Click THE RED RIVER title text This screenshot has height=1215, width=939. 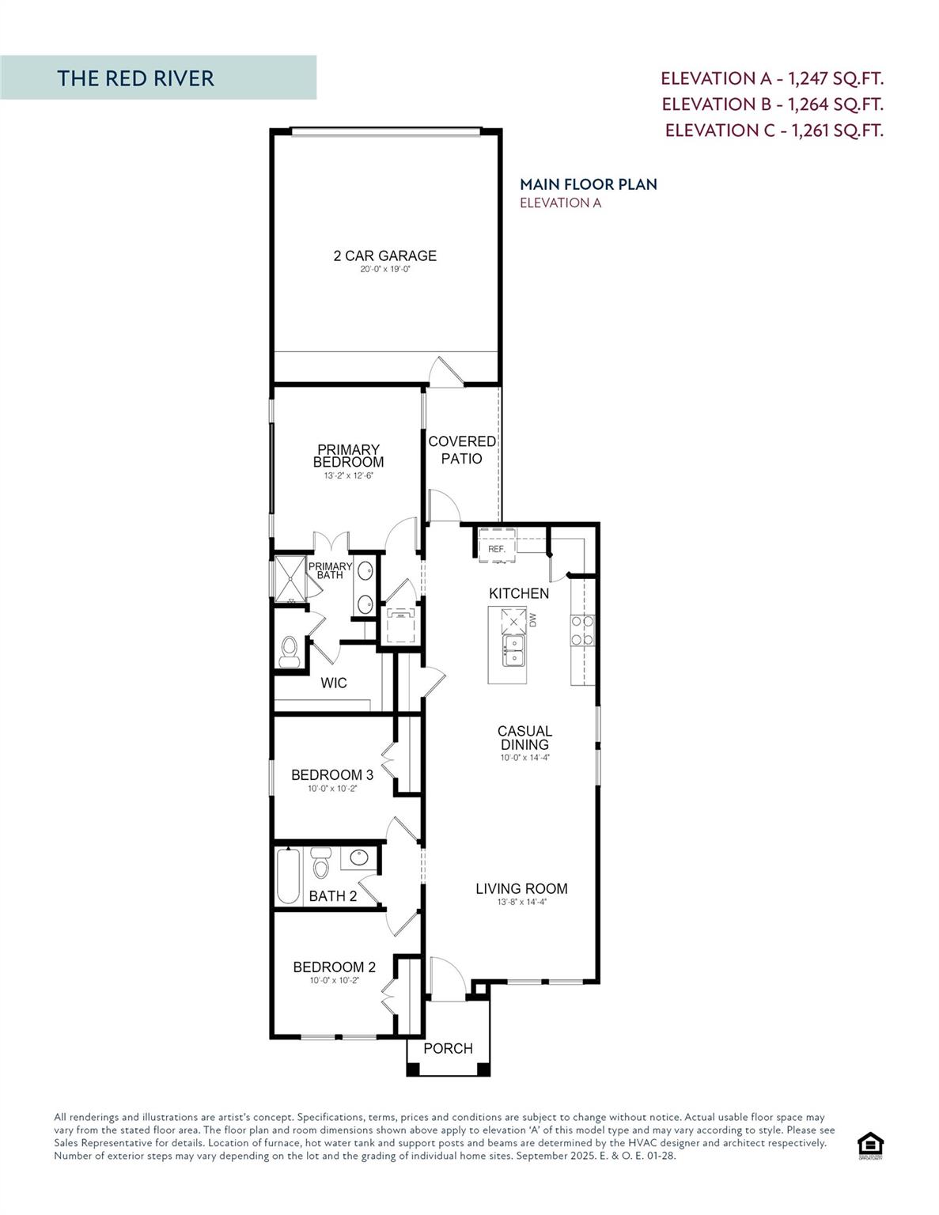point(135,78)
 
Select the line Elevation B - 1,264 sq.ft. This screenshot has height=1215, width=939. point(772,104)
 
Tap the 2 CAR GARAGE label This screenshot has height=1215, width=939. point(384,255)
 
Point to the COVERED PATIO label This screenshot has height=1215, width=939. point(462,449)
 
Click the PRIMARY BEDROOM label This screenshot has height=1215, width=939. point(348,456)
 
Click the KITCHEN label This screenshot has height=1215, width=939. point(519,593)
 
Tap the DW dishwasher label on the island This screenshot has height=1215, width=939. point(533,620)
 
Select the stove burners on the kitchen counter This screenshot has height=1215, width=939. point(582,630)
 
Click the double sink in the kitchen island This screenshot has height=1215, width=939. point(513,652)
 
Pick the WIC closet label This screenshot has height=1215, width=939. point(333,683)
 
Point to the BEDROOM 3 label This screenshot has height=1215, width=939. point(332,775)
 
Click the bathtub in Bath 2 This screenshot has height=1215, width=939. point(289,876)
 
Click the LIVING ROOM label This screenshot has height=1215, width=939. point(521,888)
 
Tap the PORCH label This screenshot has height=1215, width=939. point(448,1048)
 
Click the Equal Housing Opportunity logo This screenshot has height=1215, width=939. point(870,1145)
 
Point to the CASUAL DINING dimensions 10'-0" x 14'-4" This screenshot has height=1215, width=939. point(524,757)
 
